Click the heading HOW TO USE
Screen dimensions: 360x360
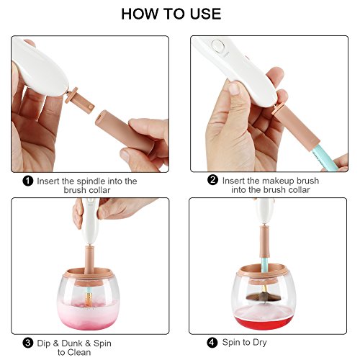[171, 14]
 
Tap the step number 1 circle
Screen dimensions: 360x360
[28, 181]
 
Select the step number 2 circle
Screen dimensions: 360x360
[213, 180]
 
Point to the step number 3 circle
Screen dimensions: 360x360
[28, 343]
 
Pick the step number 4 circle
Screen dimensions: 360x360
[212, 342]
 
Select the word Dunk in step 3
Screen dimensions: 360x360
[72, 343]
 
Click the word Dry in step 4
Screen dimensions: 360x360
[260, 343]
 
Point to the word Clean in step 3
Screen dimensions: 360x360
[79, 352]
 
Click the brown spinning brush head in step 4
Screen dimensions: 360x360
[264, 297]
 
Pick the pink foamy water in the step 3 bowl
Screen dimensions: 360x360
[88, 313]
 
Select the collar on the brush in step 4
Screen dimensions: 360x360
[265, 242]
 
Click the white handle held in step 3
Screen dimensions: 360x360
[90, 221]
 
